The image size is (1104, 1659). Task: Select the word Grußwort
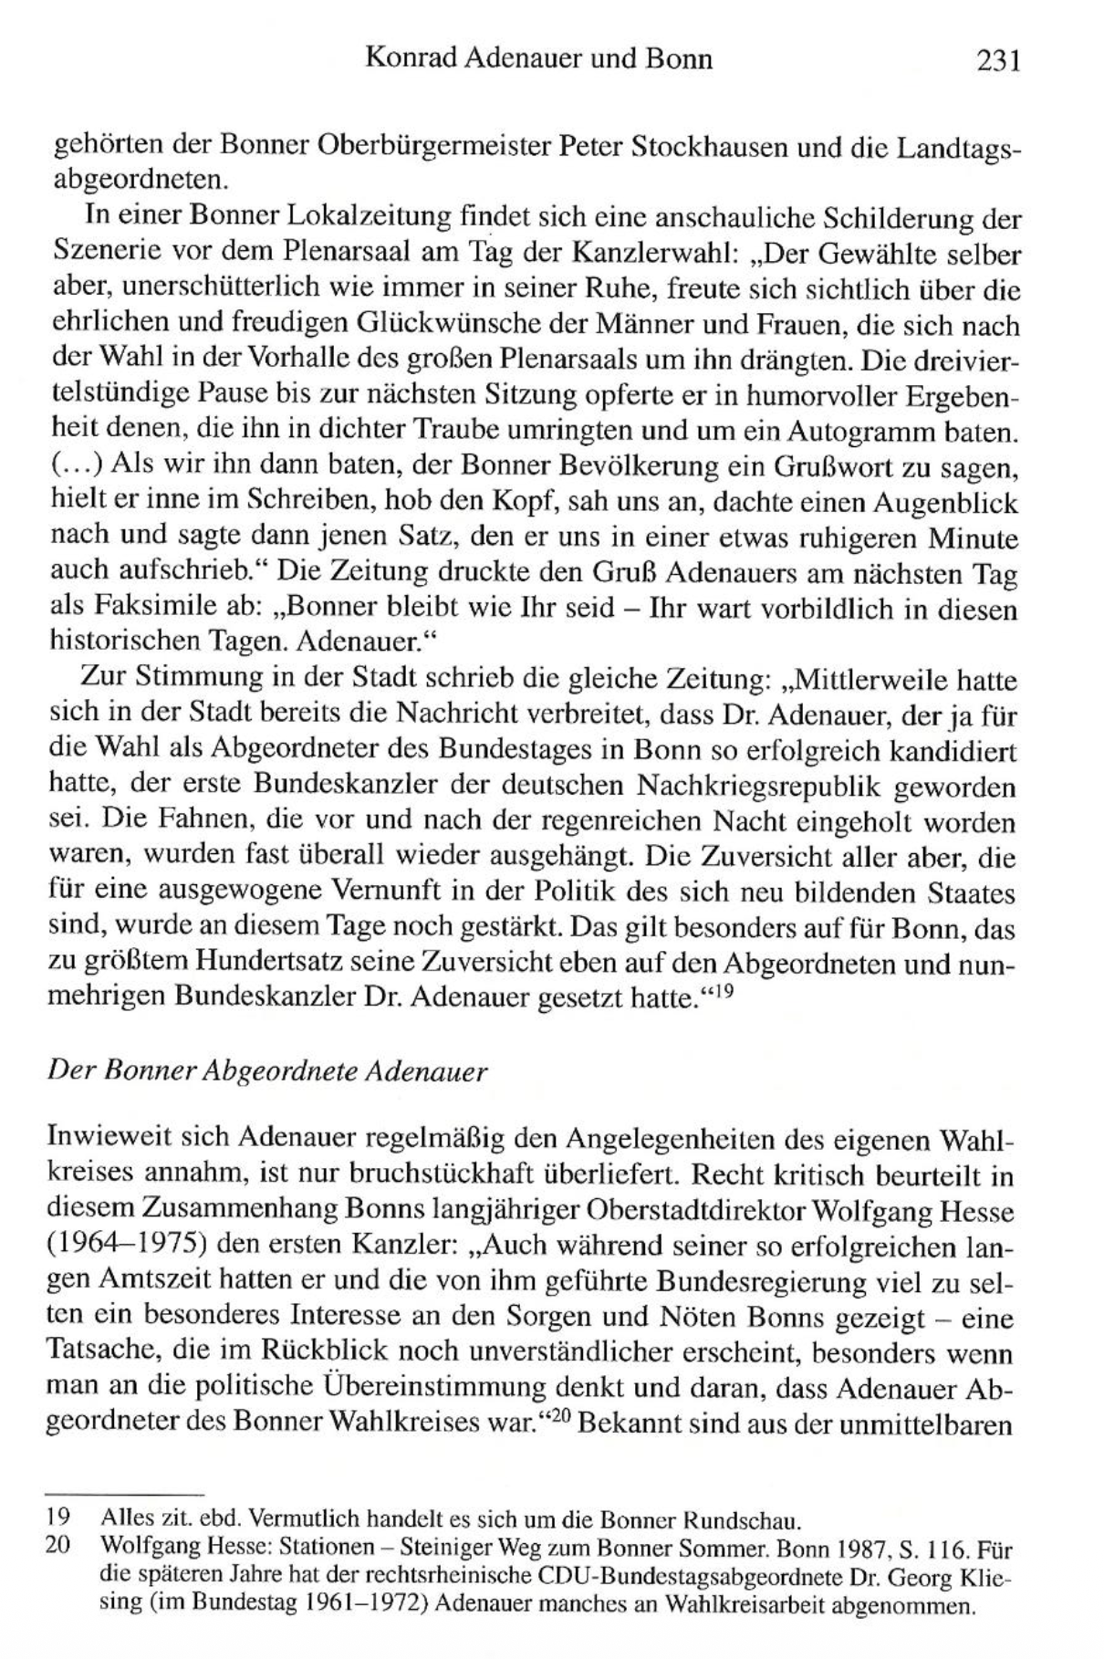click(827, 466)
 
